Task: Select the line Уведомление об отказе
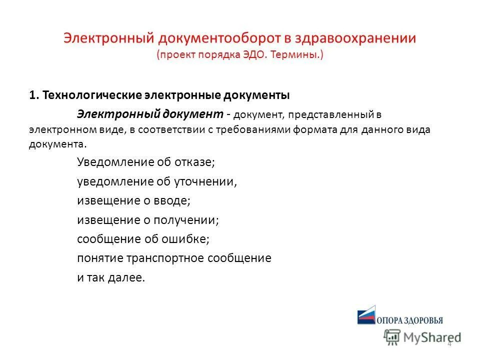[145, 162]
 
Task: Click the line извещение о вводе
[133, 200]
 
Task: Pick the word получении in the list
[189, 220]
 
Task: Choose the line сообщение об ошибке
[143, 239]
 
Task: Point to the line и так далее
[111, 278]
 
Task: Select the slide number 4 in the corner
[449, 343]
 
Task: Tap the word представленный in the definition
[329, 115]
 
